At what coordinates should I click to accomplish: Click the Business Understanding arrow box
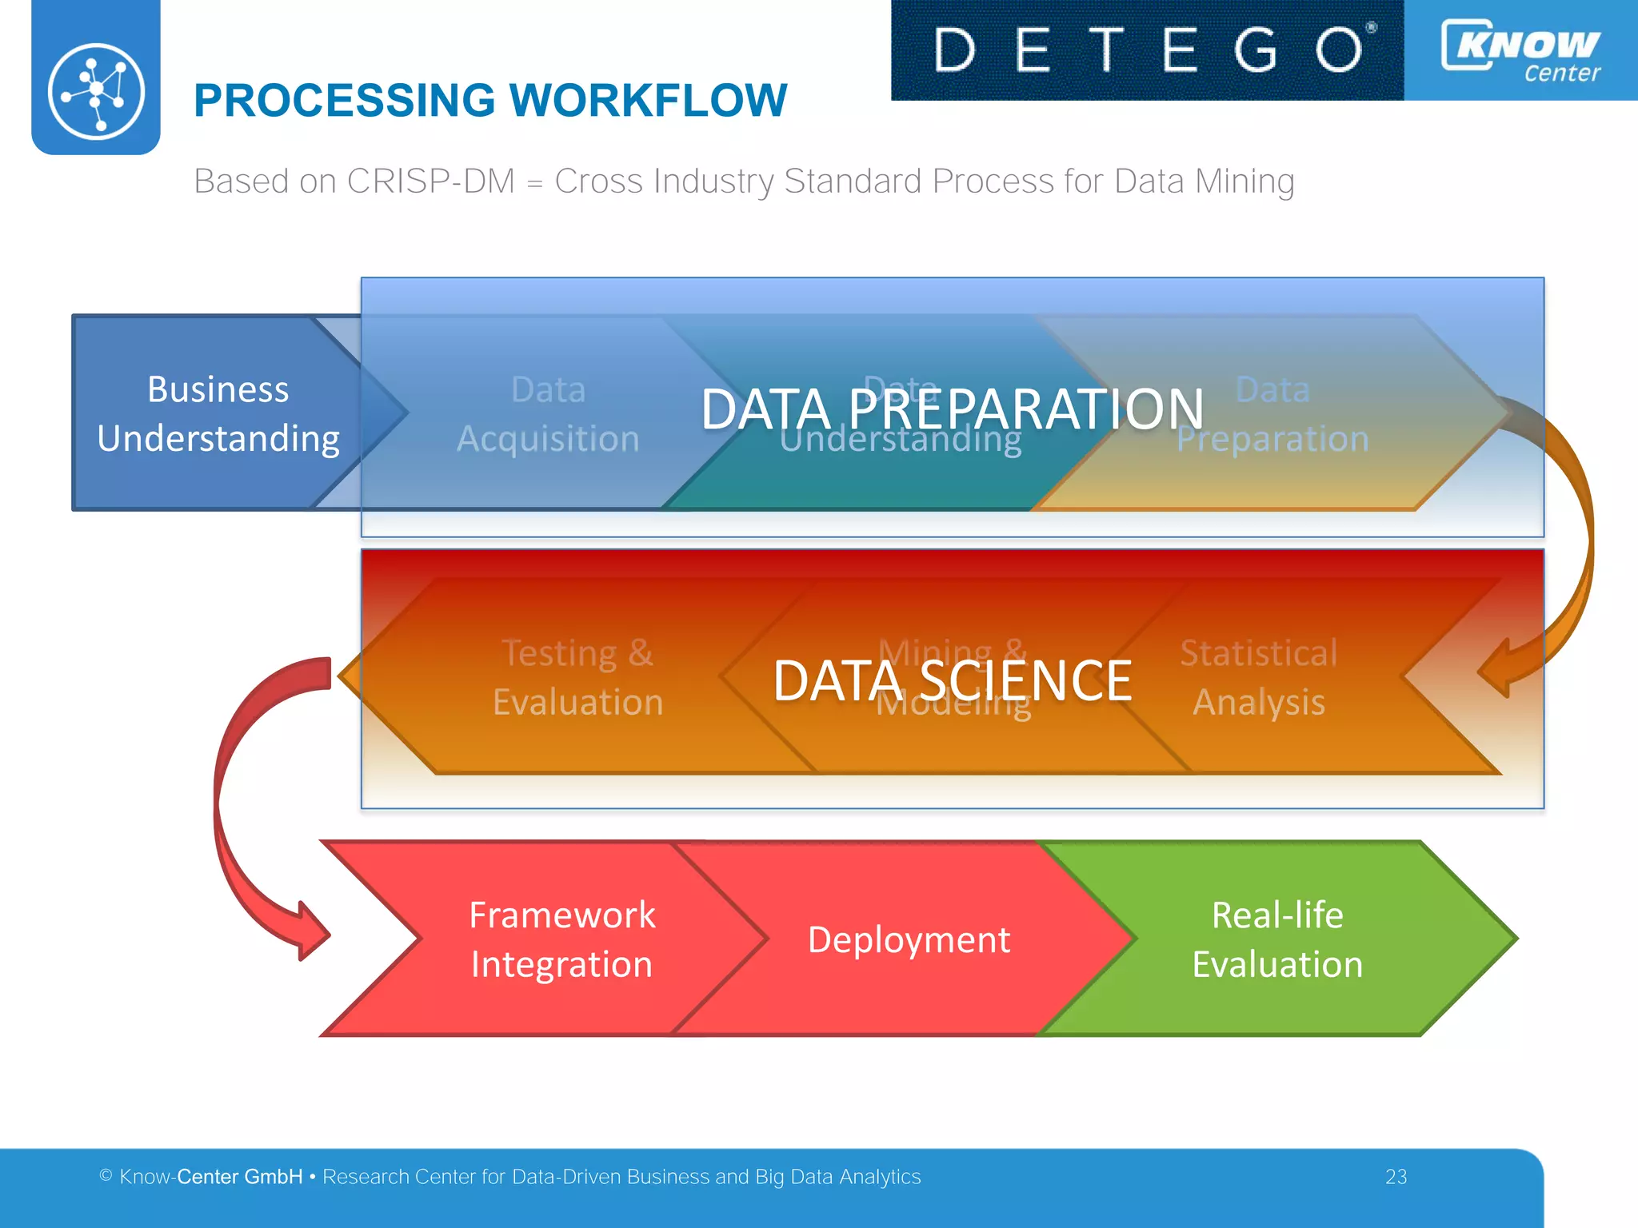(x=218, y=413)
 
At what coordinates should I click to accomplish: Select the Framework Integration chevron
(x=561, y=939)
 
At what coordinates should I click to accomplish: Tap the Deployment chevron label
(x=909, y=939)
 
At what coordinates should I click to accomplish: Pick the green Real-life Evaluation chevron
(x=1277, y=939)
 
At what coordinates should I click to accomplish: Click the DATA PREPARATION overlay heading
(x=952, y=409)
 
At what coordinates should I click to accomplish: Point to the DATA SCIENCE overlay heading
(x=952, y=680)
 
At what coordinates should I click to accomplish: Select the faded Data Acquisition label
(x=548, y=414)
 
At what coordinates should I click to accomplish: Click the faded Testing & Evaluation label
(x=577, y=677)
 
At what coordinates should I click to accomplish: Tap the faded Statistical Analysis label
(x=1259, y=677)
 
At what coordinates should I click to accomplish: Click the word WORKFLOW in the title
(x=648, y=101)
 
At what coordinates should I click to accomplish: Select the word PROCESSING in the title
(x=345, y=101)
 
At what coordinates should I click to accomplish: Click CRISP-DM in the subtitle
(x=430, y=181)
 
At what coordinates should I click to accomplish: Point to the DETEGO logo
(x=1147, y=50)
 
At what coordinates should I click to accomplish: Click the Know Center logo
(x=1521, y=50)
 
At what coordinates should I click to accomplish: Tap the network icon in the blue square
(x=96, y=92)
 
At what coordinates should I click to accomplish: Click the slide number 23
(x=1396, y=1177)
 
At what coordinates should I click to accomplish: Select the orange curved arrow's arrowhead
(x=1494, y=668)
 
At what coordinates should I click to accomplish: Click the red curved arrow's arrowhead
(x=312, y=931)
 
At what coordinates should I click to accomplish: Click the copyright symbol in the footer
(x=106, y=1175)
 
